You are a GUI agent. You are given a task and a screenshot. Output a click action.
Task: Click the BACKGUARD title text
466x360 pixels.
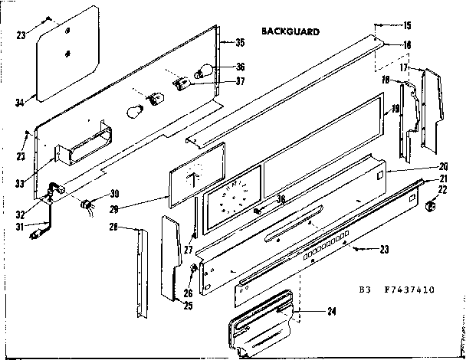(290, 32)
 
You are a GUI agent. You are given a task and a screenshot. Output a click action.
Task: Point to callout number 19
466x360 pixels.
(395, 109)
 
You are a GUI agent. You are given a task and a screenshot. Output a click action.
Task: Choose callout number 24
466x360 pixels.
(331, 311)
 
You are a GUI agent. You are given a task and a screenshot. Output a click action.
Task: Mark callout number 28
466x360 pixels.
(112, 226)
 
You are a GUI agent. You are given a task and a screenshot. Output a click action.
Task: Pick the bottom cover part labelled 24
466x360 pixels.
(261, 322)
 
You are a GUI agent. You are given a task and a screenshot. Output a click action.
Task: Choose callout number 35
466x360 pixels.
(240, 43)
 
